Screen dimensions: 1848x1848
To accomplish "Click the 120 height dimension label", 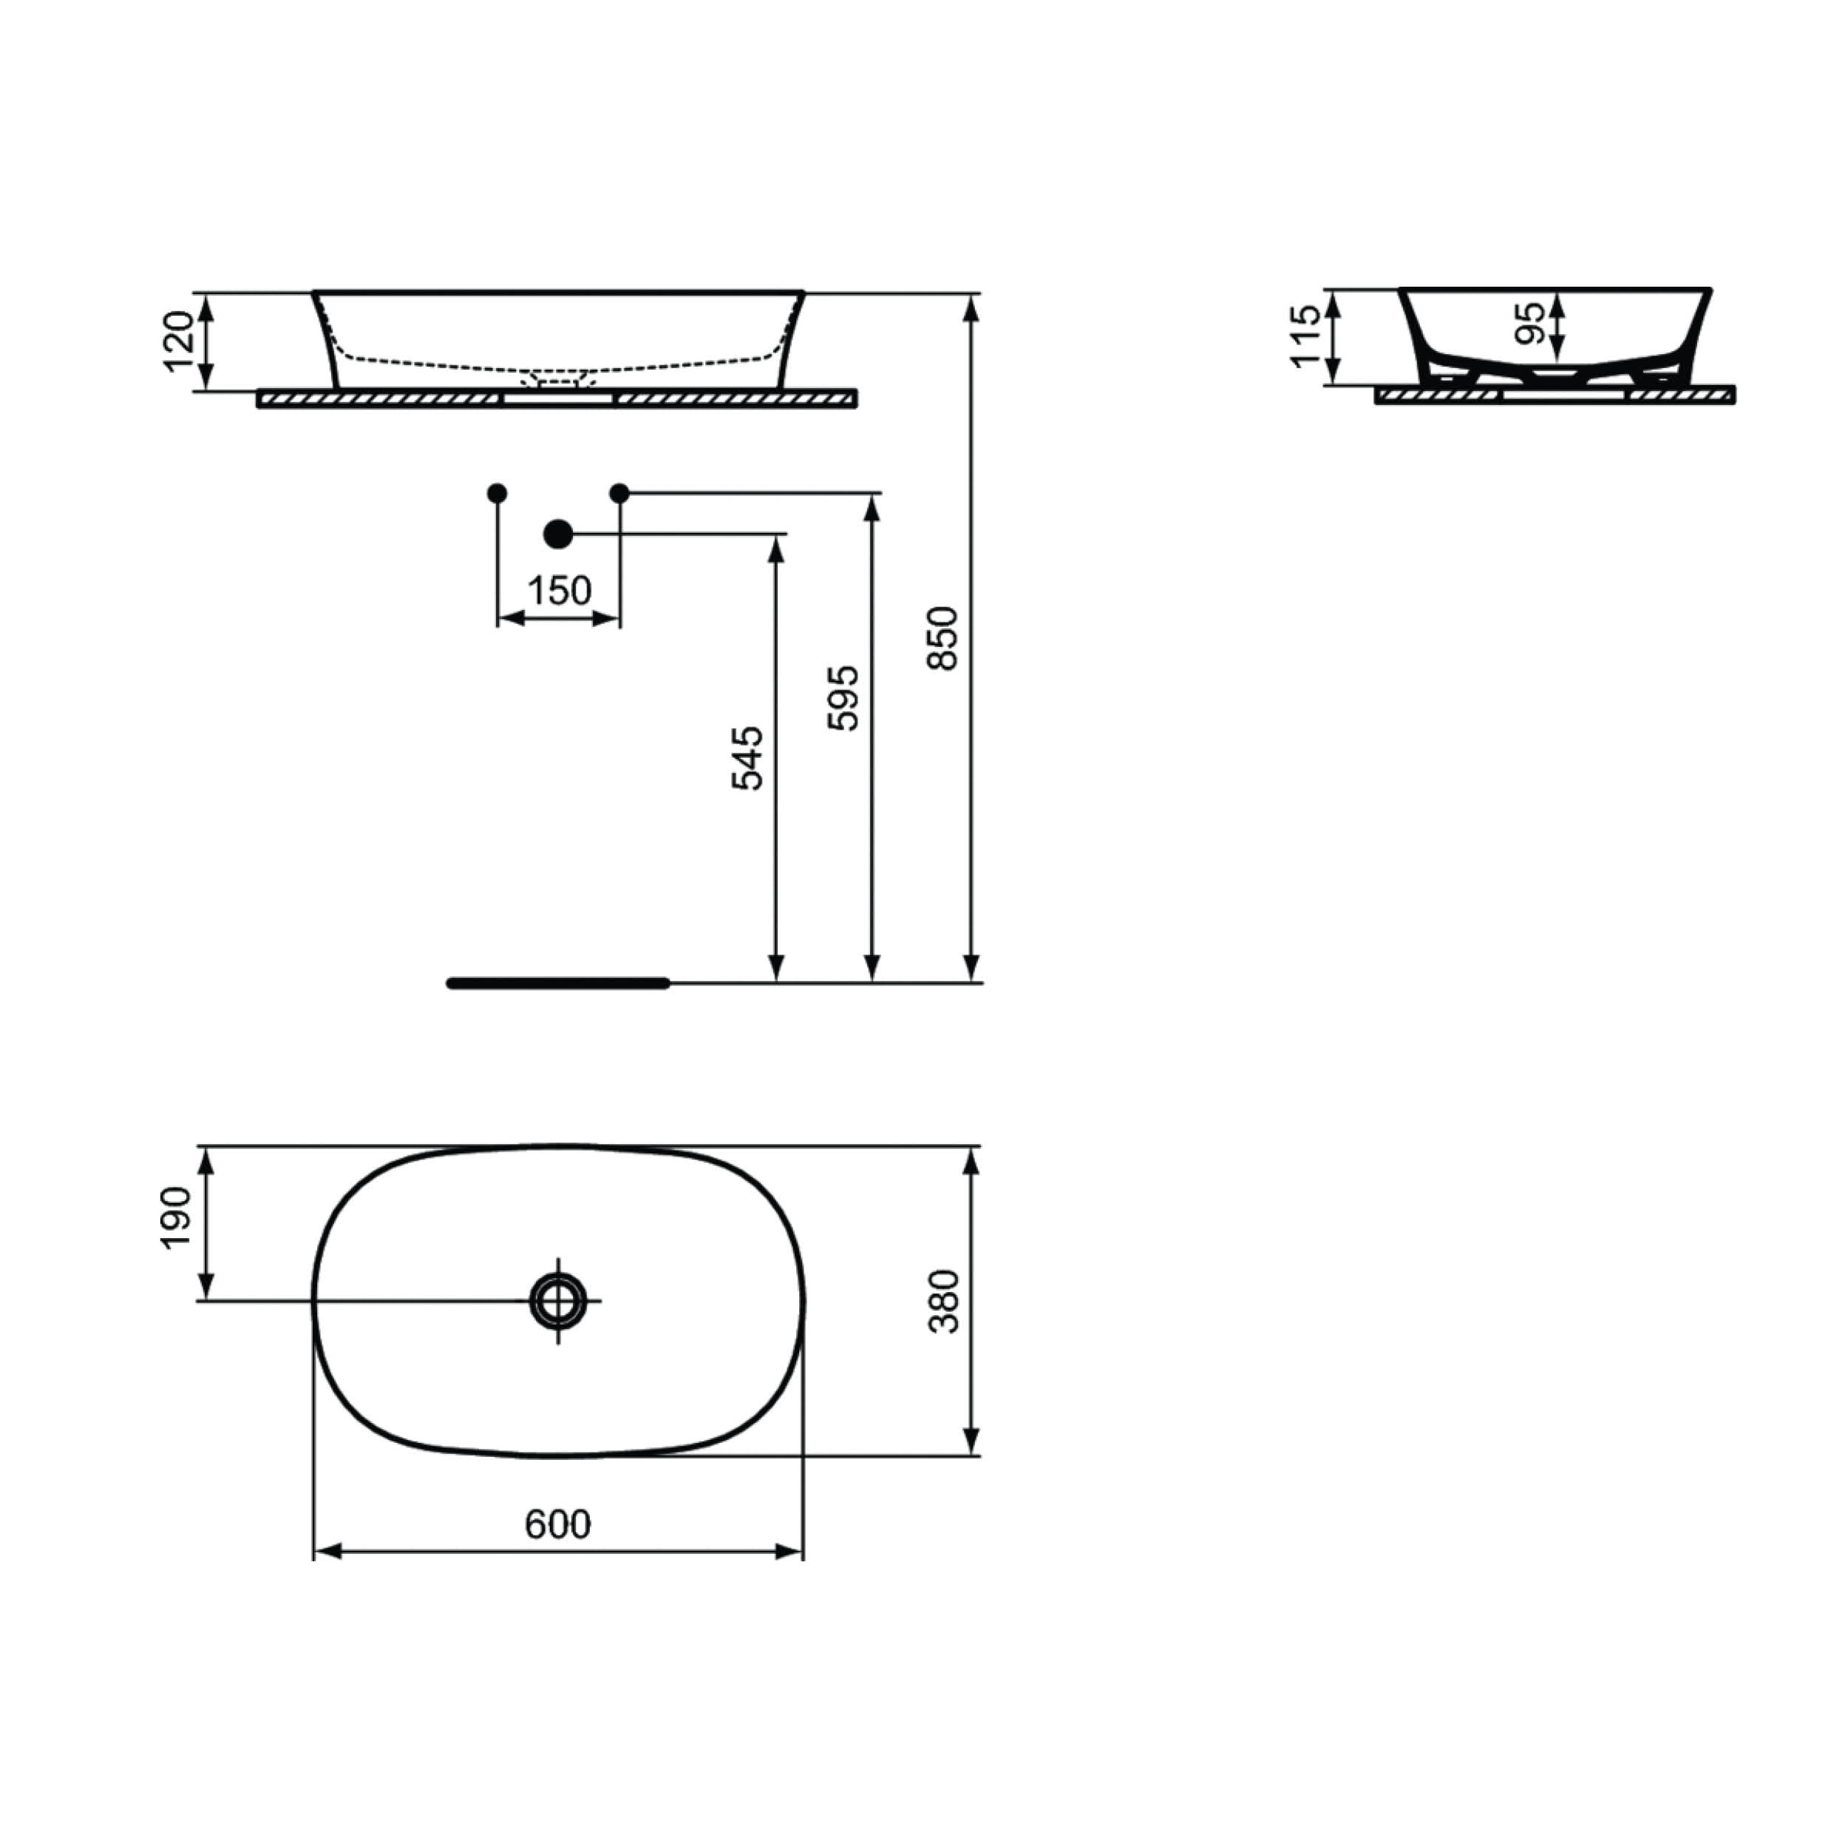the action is pos(179,342).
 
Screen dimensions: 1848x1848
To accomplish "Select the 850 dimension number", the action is pos(943,638).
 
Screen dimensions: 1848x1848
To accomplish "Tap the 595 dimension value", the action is pos(843,699).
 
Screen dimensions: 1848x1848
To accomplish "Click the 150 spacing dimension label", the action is pos(560,591).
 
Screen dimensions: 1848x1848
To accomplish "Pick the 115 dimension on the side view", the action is pos(1305,335).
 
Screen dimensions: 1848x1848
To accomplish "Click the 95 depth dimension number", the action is pos(1529,323).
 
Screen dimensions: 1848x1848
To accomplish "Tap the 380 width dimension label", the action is pos(944,1301).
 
